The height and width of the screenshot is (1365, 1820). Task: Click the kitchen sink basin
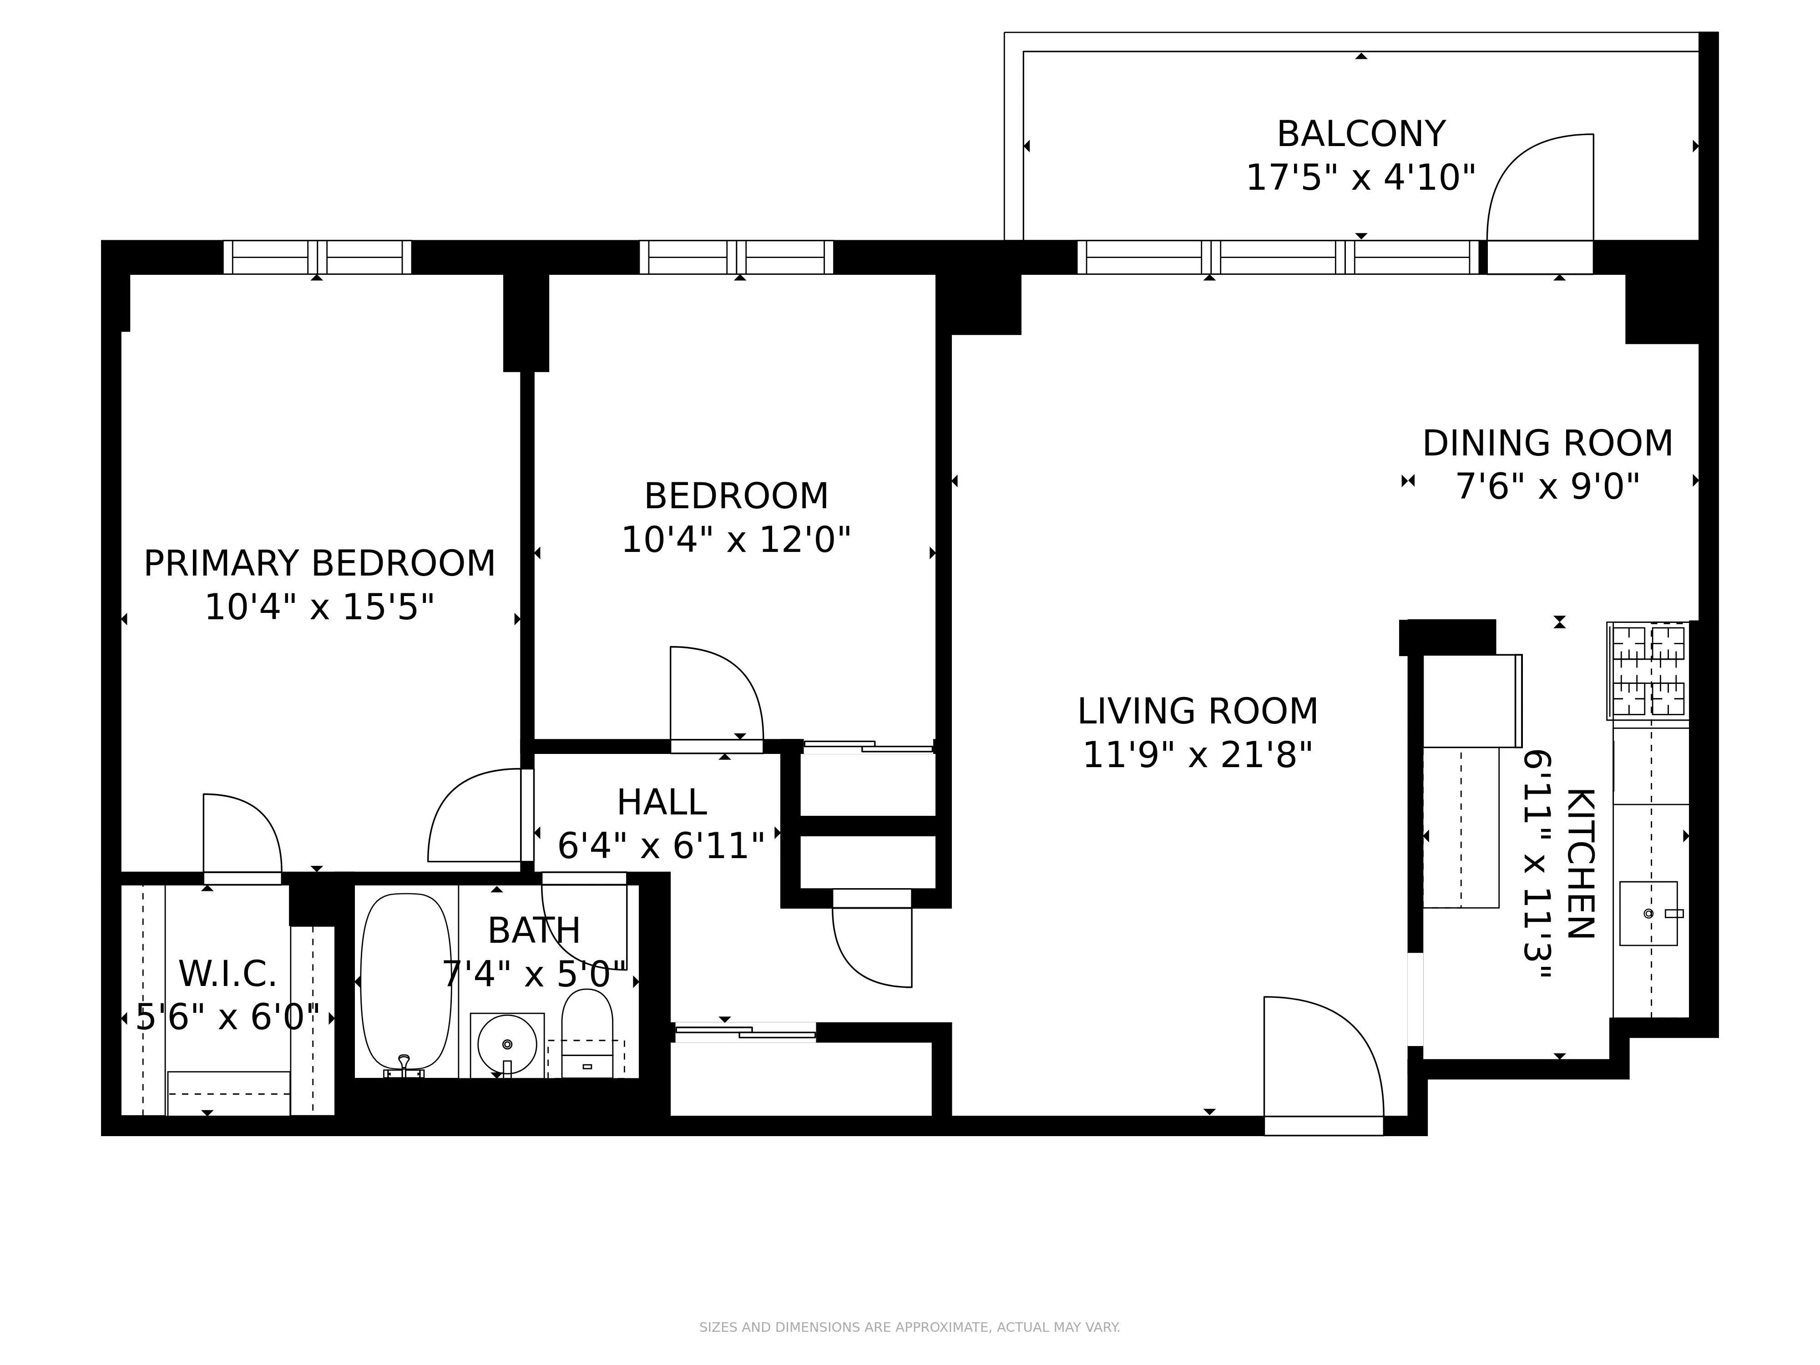[1647, 913]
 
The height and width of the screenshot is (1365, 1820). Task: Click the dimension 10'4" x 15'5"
[319, 608]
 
